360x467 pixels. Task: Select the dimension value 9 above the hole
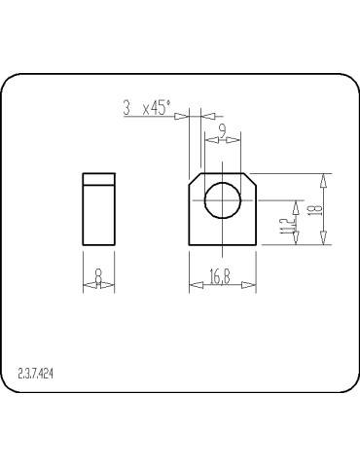coord(223,129)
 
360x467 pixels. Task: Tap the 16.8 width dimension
coord(220,279)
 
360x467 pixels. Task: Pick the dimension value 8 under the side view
coord(98,280)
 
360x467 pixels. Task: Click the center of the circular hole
coord(223,201)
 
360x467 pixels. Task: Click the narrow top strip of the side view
coord(98,178)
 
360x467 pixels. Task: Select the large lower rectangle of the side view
coord(98,213)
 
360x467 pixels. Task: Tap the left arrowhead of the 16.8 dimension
coord(194,286)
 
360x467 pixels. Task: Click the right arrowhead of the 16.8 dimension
coord(252,286)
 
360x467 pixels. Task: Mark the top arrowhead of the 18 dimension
coord(325,179)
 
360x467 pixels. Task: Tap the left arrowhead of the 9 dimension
coord(206,137)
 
